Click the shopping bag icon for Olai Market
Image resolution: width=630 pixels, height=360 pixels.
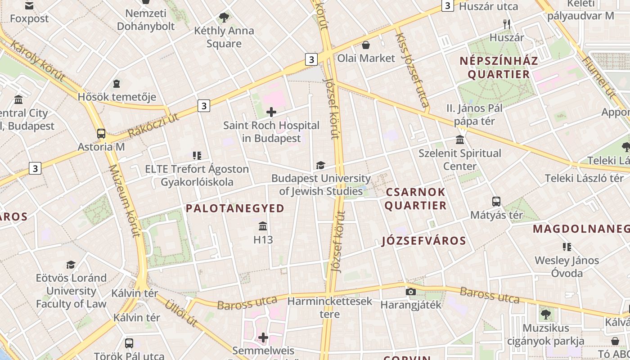click(x=366, y=45)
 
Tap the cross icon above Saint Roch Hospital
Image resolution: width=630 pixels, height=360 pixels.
click(x=271, y=112)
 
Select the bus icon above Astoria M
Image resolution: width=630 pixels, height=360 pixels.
click(x=101, y=134)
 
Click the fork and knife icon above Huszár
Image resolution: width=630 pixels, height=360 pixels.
click(x=507, y=24)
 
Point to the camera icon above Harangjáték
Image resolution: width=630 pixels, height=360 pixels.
click(x=410, y=292)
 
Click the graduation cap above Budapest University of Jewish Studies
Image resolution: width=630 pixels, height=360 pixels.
click(x=320, y=165)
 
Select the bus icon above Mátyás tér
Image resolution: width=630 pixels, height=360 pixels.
click(x=496, y=202)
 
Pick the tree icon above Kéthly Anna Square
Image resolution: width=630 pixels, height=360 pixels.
click(x=224, y=18)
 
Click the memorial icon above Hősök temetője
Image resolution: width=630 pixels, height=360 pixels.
click(x=117, y=83)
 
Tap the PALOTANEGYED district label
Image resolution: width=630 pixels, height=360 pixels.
click(x=235, y=208)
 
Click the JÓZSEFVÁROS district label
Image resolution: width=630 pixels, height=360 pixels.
click(x=424, y=241)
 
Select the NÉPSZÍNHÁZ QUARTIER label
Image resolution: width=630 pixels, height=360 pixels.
click(x=499, y=67)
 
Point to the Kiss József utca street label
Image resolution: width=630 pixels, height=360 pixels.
click(x=411, y=70)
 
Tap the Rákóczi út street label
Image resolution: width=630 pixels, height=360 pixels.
click(x=153, y=126)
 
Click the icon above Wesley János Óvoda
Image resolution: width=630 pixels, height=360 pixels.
click(x=567, y=247)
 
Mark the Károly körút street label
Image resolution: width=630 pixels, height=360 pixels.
click(x=37, y=61)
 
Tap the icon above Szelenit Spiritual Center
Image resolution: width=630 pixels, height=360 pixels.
click(x=460, y=140)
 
